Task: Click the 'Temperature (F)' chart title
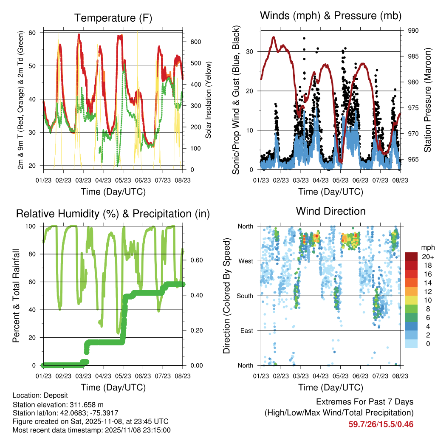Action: (x=113, y=18)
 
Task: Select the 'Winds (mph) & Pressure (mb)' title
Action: (x=330, y=16)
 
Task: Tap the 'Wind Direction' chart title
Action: (x=330, y=211)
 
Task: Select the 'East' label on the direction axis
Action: (x=247, y=330)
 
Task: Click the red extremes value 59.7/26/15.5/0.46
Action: (x=381, y=424)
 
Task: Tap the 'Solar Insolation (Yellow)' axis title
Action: (x=209, y=100)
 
